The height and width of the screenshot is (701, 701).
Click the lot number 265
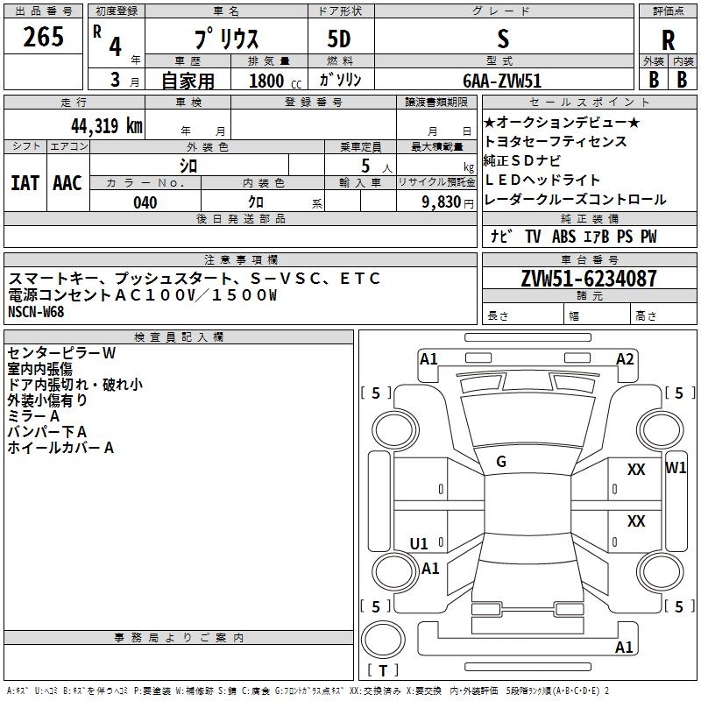(43, 38)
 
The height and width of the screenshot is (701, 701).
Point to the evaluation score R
(668, 40)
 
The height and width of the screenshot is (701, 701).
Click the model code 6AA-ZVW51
(502, 81)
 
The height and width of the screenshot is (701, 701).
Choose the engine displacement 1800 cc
(267, 81)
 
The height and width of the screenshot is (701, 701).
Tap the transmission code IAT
(25, 182)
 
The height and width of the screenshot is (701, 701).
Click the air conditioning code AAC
(67, 182)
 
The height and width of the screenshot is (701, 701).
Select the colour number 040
(145, 202)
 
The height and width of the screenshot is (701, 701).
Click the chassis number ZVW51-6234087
(589, 280)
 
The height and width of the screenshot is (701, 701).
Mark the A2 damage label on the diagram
(625, 358)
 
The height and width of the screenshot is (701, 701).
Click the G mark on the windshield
(501, 462)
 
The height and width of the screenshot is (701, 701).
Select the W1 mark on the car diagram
(676, 467)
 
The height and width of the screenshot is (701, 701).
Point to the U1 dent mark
(420, 543)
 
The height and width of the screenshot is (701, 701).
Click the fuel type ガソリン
(341, 80)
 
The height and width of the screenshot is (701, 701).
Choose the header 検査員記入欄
(179, 337)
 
